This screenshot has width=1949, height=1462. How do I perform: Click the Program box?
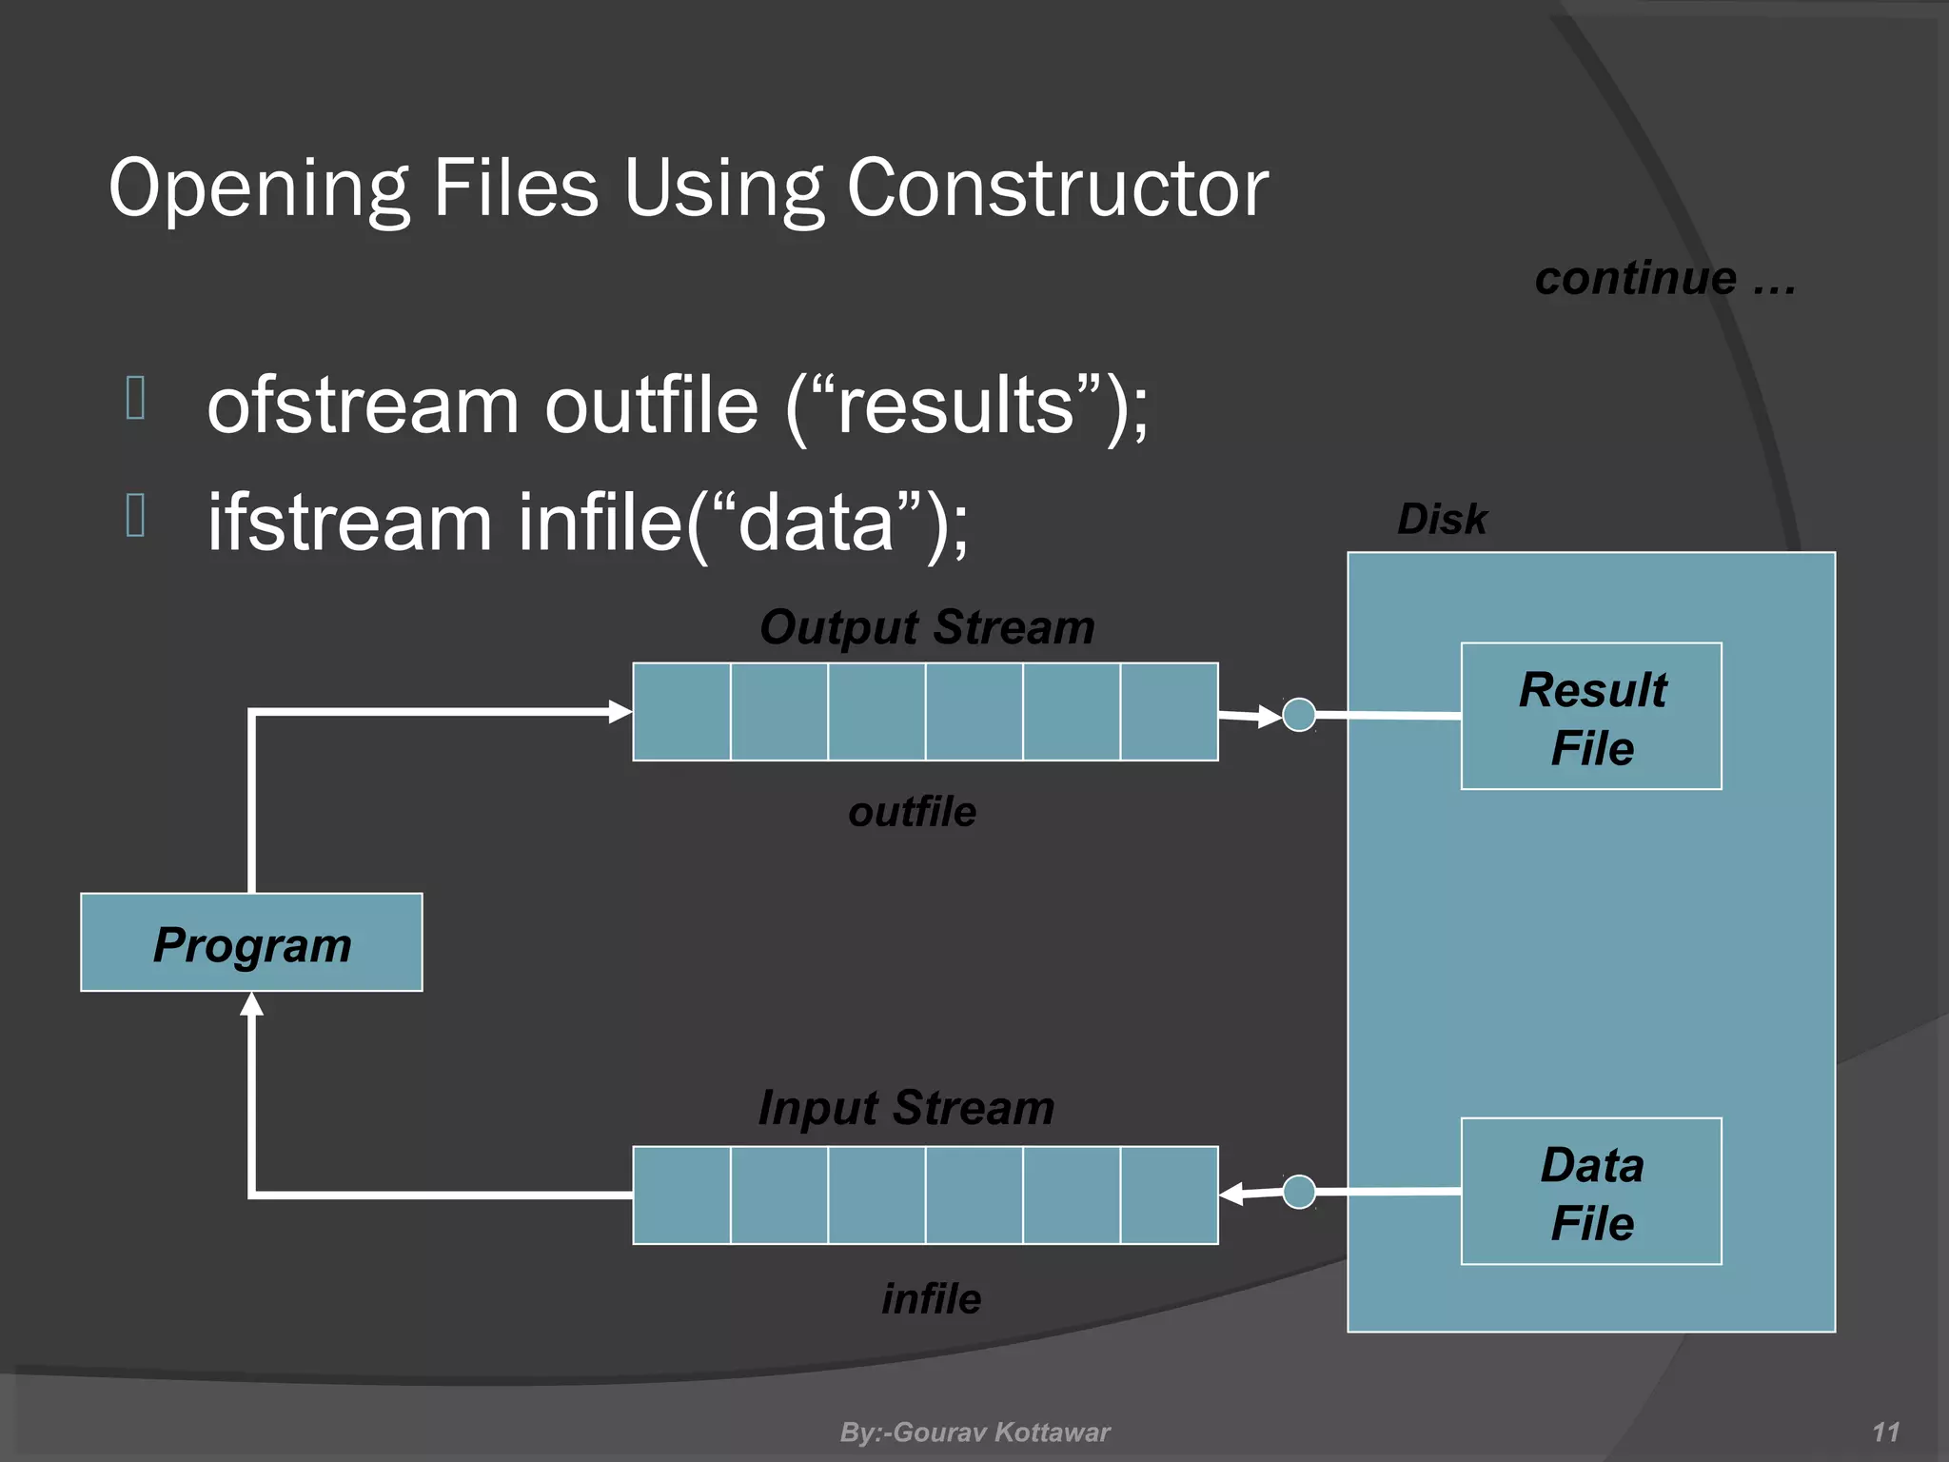(251, 942)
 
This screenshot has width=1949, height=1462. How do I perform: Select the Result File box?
(1591, 716)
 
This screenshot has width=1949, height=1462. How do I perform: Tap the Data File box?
(1591, 1192)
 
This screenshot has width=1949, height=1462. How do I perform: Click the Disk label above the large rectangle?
(1442, 520)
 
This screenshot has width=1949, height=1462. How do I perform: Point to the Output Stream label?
(927, 628)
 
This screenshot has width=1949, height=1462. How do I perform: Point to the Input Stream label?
(906, 1108)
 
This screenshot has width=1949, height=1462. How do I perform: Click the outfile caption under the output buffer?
(912, 812)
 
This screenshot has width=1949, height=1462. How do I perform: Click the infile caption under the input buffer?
(931, 1298)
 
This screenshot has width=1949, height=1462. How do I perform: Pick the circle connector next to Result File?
(1299, 715)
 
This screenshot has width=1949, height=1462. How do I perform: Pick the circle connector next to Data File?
(1299, 1192)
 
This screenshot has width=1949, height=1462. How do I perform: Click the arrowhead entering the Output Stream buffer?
(620, 712)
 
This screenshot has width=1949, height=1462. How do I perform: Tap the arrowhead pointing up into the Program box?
(251, 1003)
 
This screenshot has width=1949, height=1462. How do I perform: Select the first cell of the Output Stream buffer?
(681, 712)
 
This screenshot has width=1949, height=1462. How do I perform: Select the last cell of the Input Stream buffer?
(1169, 1195)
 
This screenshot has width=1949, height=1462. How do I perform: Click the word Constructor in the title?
(1056, 188)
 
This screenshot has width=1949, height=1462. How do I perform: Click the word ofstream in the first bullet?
(363, 406)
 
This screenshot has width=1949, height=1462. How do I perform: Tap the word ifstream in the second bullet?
(349, 523)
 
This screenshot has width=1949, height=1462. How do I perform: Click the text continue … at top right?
(1664, 279)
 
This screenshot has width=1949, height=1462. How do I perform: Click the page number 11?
(1885, 1432)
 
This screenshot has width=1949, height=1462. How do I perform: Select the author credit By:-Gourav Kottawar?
(974, 1432)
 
